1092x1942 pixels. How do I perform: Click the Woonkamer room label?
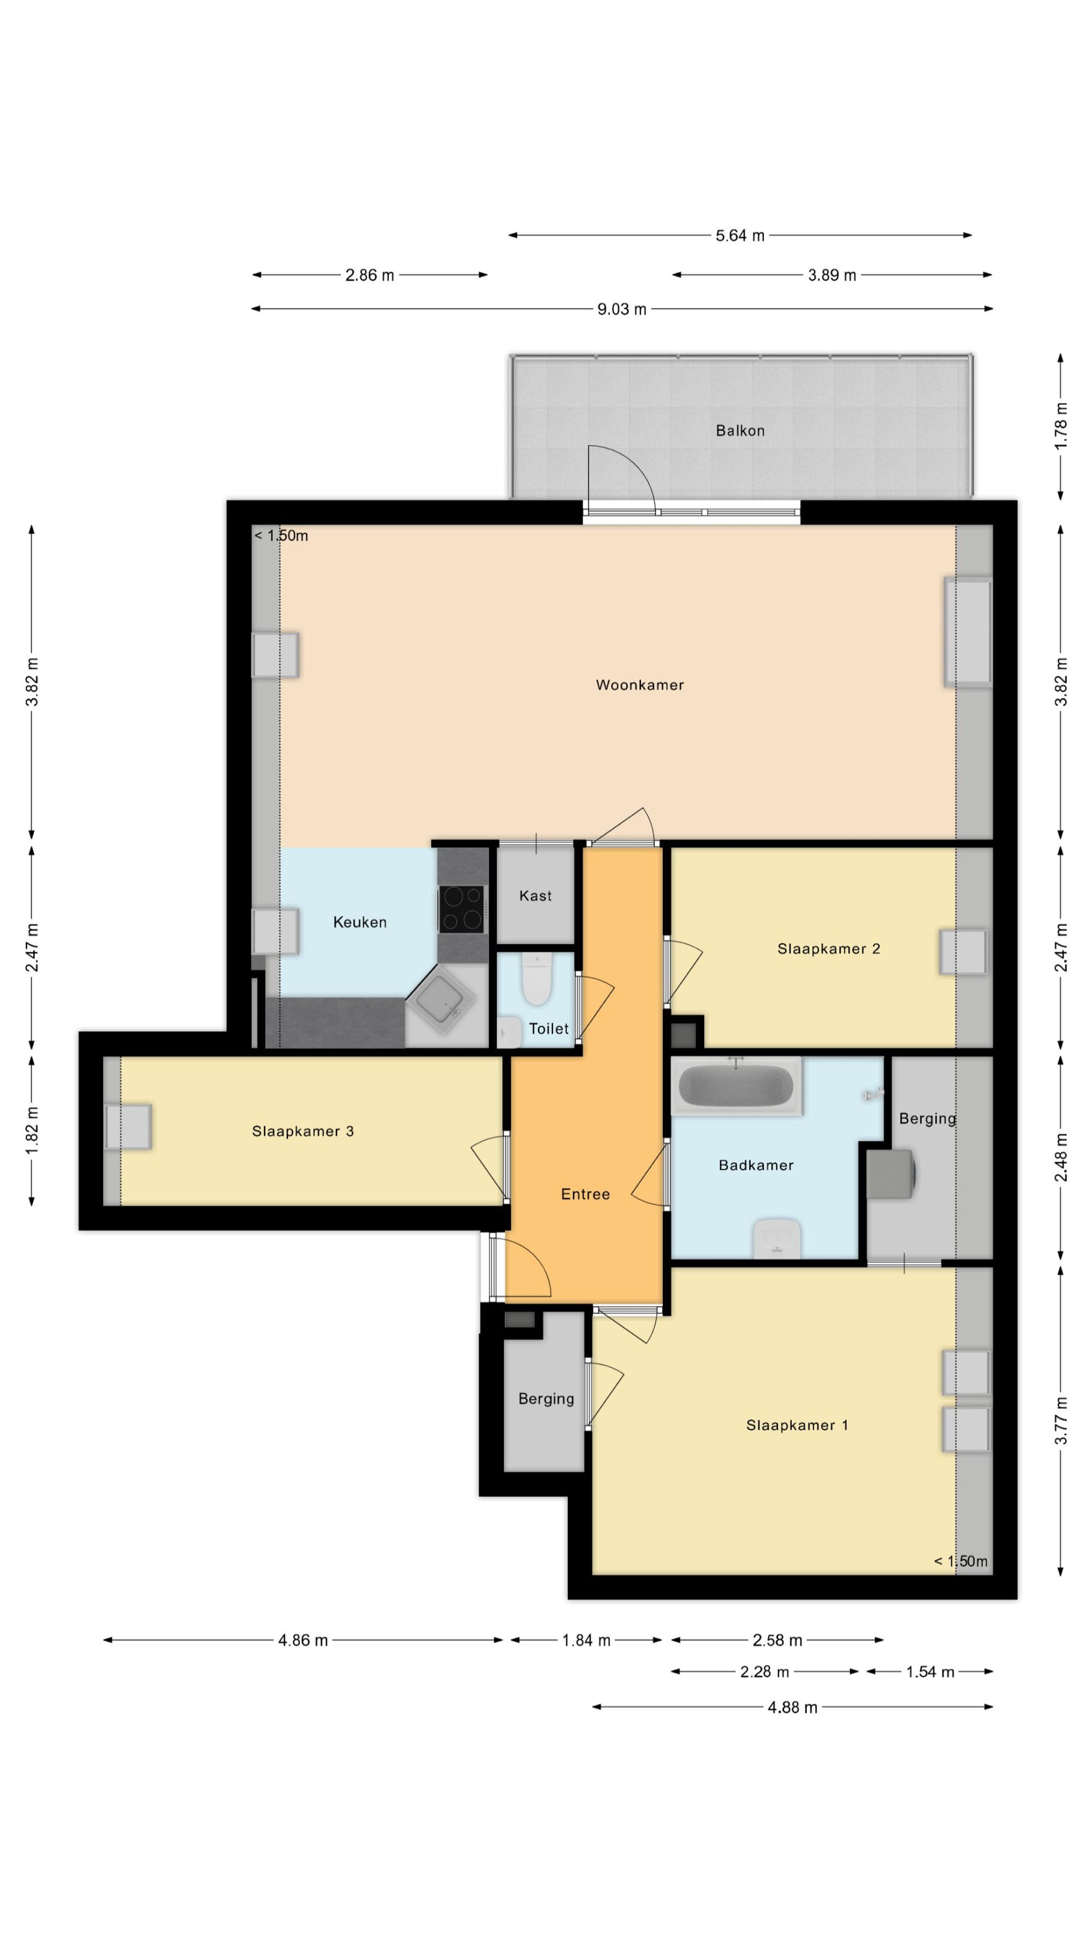point(640,685)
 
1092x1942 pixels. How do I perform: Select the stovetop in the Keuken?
point(462,909)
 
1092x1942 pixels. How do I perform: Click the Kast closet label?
point(535,896)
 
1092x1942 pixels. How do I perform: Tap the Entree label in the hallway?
point(585,1194)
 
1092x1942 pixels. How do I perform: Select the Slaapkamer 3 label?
point(303,1131)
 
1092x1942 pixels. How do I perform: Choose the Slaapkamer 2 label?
point(829,949)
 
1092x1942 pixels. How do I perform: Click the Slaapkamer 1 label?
point(797,1425)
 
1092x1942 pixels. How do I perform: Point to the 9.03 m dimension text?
point(622,309)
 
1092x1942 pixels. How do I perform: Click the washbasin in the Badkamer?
point(777,1239)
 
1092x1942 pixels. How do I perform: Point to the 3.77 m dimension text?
point(1060,1420)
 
